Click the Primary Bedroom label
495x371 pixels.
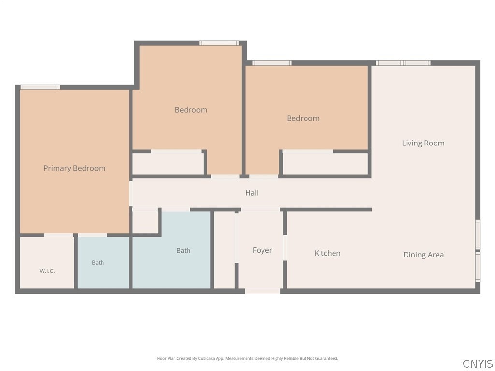pos(74,168)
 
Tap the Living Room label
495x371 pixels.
pos(423,143)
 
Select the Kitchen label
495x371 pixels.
pos(327,253)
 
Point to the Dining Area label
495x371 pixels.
pos(423,255)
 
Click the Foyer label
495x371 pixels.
pos(262,250)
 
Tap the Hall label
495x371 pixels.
pos(252,193)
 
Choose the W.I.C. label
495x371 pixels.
pos(47,271)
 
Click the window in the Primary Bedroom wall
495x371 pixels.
pos(40,87)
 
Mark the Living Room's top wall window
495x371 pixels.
pos(403,63)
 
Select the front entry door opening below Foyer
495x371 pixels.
pos(262,291)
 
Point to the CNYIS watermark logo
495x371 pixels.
pos(477,363)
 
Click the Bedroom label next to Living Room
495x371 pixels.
pos(303,119)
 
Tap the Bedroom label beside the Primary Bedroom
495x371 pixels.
pos(191,110)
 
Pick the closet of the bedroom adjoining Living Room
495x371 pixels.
pos(325,164)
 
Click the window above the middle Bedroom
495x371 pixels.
pos(219,43)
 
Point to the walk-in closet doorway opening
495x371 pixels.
pos(58,235)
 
